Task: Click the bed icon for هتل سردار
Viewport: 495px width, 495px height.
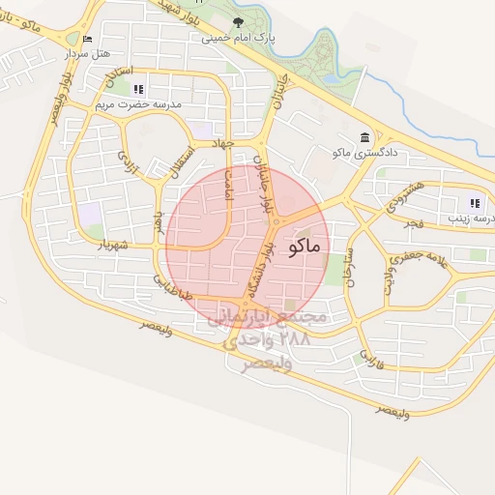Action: click(88, 39)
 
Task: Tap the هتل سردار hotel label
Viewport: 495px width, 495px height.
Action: click(83, 54)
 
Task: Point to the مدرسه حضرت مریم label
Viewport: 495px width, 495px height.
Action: click(137, 101)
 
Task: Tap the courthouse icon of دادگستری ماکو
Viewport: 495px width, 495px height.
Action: click(363, 137)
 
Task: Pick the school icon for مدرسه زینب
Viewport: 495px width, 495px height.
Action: click(474, 203)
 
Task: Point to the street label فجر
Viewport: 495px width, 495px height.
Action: click(414, 223)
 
